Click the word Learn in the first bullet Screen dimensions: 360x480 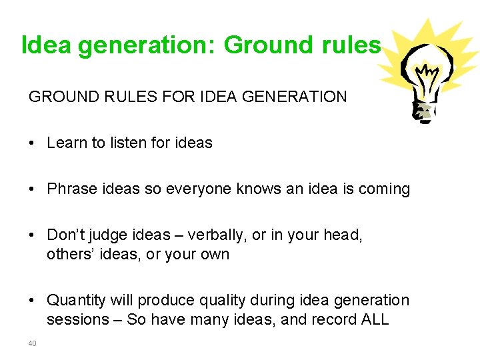(65, 143)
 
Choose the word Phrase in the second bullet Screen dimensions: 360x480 (69, 189)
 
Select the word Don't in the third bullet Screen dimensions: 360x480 (64, 235)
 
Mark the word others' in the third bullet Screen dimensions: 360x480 (69, 254)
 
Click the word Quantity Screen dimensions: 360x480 (75, 301)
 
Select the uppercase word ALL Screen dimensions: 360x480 (373, 319)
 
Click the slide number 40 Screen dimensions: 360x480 (32, 343)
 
